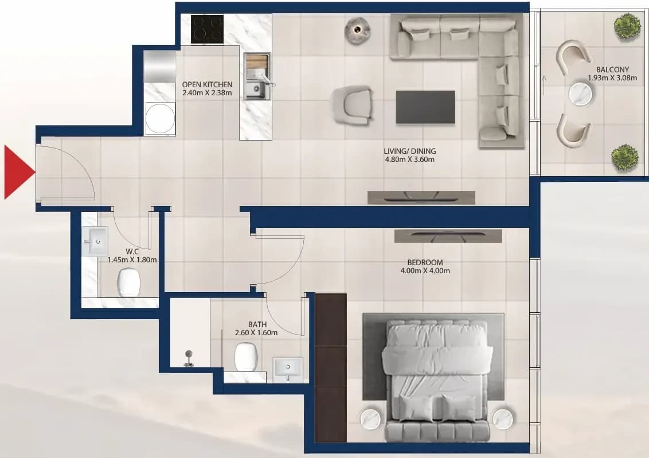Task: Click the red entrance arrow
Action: click(17, 172)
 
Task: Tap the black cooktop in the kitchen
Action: click(208, 29)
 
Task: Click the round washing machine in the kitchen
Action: click(160, 118)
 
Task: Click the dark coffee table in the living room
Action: click(425, 107)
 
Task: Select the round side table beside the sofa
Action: click(358, 30)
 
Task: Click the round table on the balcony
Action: click(580, 93)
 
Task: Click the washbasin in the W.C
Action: click(96, 241)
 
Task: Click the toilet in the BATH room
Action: click(247, 357)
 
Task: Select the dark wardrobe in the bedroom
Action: click(331, 368)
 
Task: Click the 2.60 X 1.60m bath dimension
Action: click(256, 332)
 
